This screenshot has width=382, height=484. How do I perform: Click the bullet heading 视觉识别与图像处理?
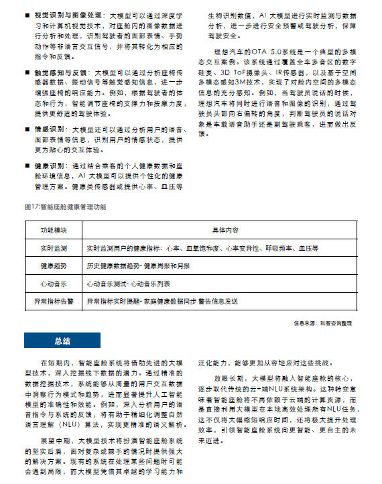[60, 13]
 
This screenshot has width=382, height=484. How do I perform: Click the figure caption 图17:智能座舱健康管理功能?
[64, 207]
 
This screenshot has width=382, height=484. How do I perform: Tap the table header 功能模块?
[53, 231]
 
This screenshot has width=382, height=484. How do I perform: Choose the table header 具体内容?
[225, 231]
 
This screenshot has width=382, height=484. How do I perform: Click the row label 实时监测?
[53, 249]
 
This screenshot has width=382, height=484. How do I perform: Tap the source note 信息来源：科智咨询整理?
[322, 322]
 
